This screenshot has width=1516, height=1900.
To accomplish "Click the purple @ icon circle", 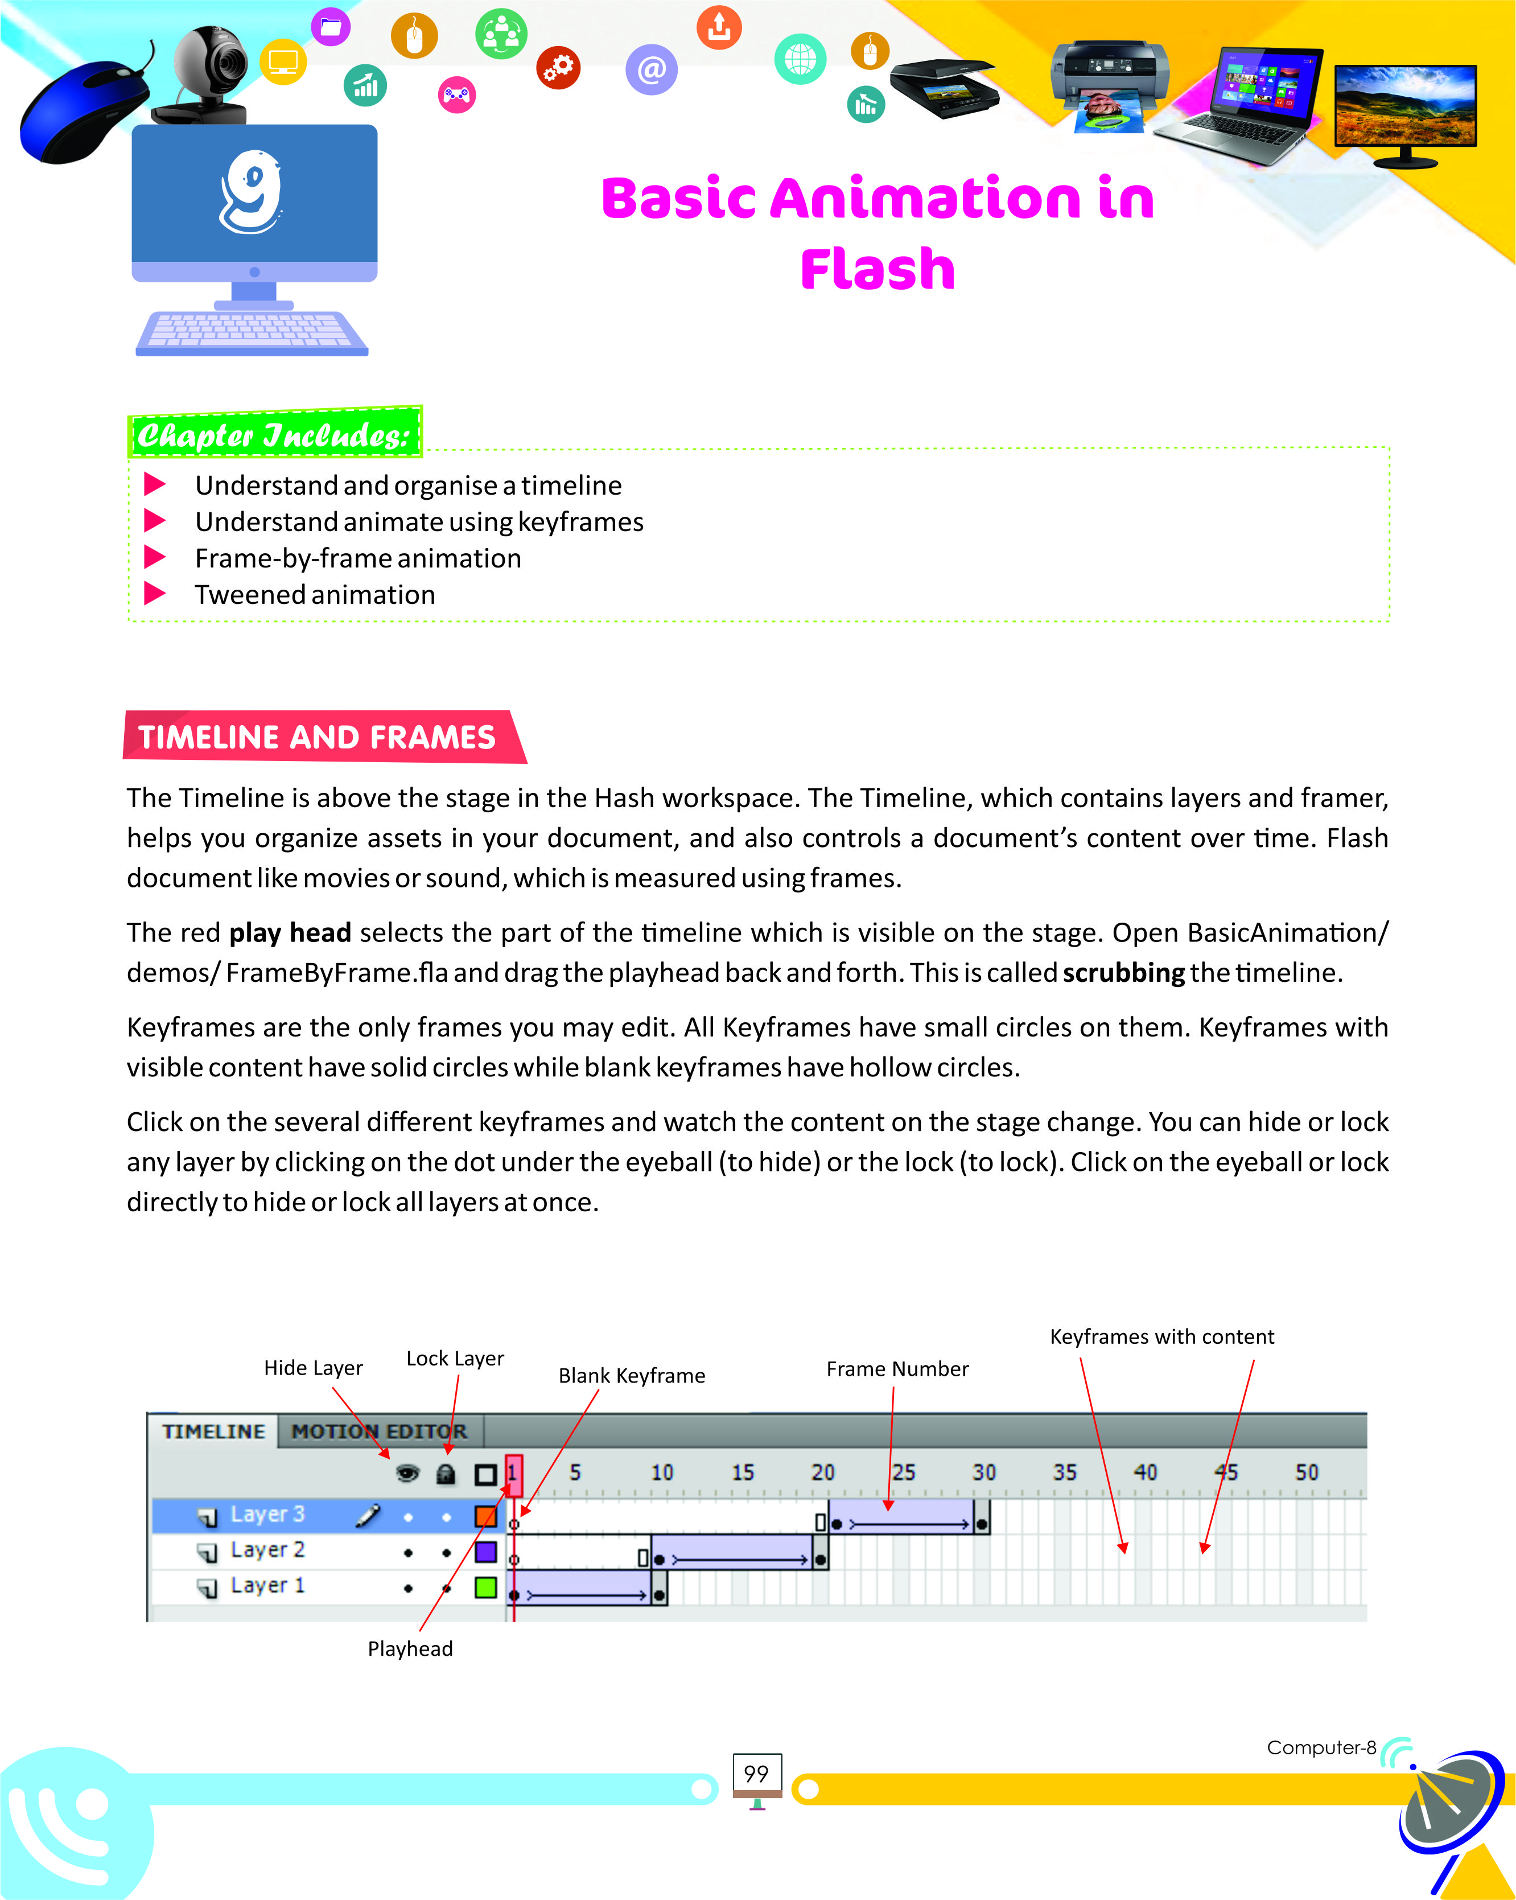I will point(651,69).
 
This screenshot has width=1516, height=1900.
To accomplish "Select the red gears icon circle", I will point(558,68).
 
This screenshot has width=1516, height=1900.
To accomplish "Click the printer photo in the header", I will point(1109,84).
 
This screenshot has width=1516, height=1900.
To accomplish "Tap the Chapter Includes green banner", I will point(275,434).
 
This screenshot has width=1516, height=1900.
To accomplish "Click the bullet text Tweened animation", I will point(315,595).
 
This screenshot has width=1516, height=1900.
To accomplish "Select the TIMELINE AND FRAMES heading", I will point(317,737).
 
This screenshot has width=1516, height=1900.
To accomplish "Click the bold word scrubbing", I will point(1123,973).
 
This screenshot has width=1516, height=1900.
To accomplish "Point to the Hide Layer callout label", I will point(313,1368).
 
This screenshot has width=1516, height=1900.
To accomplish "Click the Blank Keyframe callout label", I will point(632,1376).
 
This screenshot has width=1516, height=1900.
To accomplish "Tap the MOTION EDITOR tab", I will point(379,1431).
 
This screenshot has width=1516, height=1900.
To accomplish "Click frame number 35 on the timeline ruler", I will point(1064,1473).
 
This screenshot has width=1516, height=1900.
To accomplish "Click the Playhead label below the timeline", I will point(410,1649).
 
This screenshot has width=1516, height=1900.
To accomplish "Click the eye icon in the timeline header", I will point(407,1474).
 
